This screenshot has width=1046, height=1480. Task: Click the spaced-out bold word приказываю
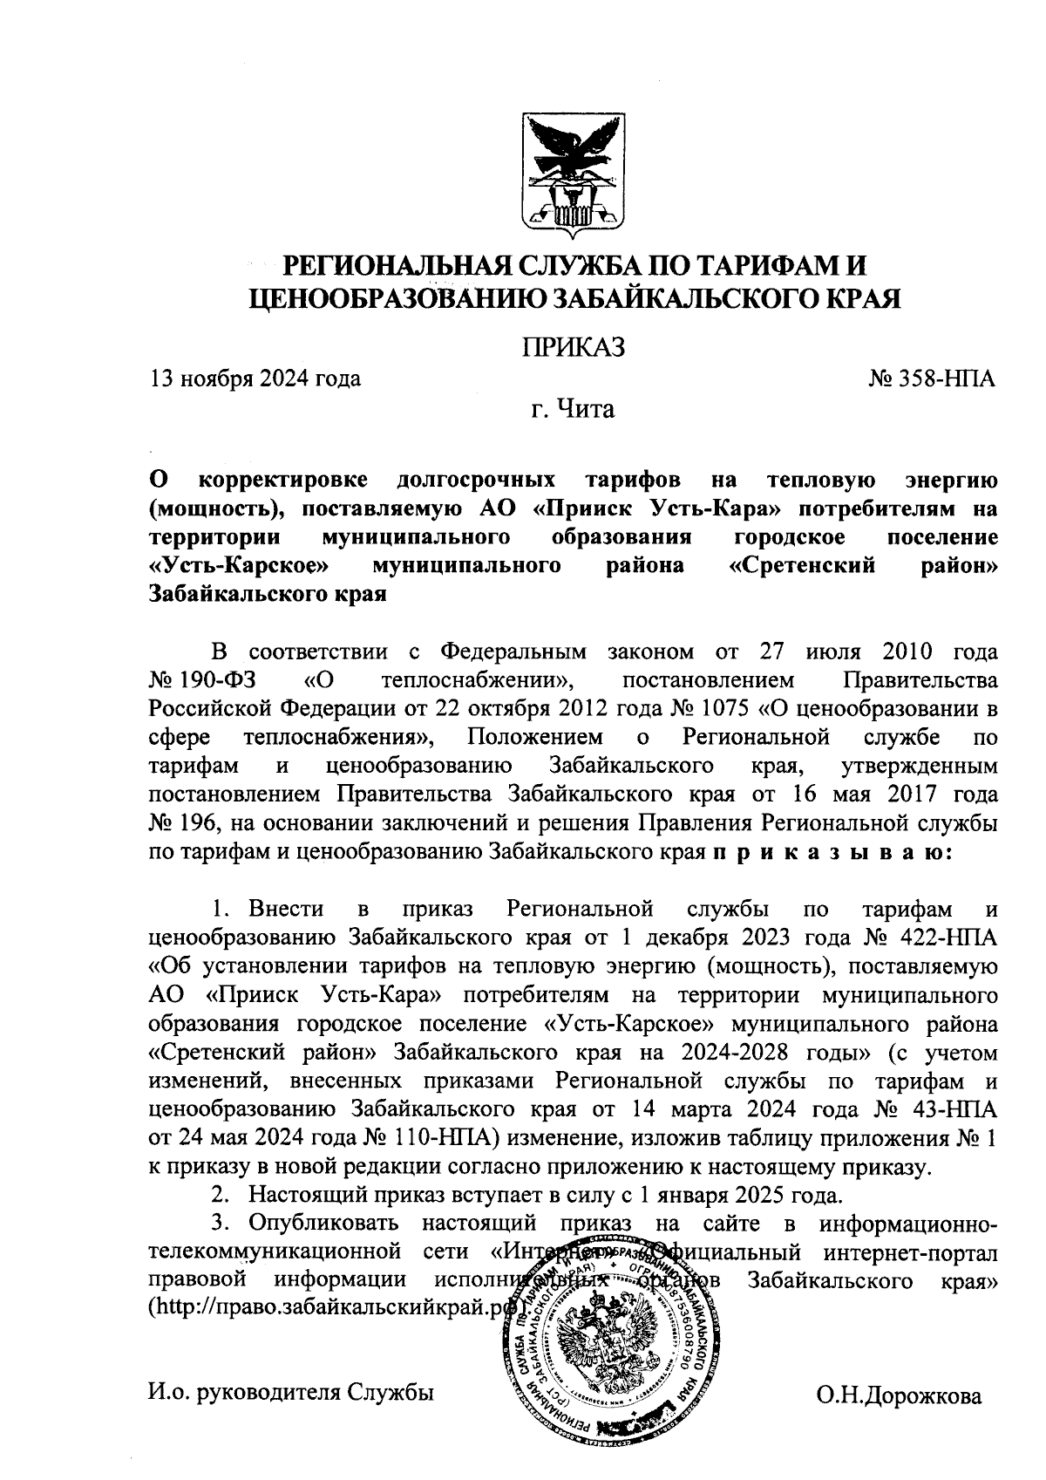[833, 849]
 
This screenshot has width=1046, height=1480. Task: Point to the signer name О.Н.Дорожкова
[899, 1395]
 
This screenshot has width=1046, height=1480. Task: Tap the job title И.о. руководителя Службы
[291, 1394]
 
